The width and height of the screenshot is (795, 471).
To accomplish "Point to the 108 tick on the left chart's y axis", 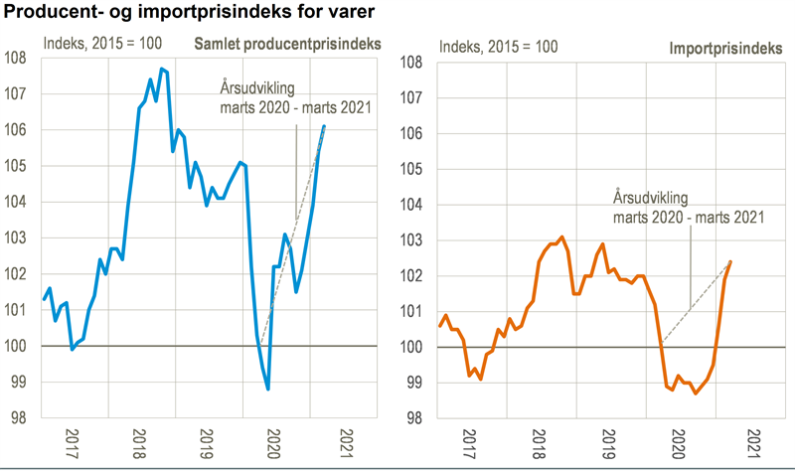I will point(19,58).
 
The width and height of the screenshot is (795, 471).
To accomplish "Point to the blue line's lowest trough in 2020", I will point(268,390).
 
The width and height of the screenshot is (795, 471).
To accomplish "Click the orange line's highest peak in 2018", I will point(562,236).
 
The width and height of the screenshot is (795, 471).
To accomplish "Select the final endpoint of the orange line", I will point(731,261).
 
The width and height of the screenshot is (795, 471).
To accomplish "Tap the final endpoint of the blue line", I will point(324,126).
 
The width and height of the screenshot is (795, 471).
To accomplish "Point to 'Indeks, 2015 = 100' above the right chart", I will point(498,47).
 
